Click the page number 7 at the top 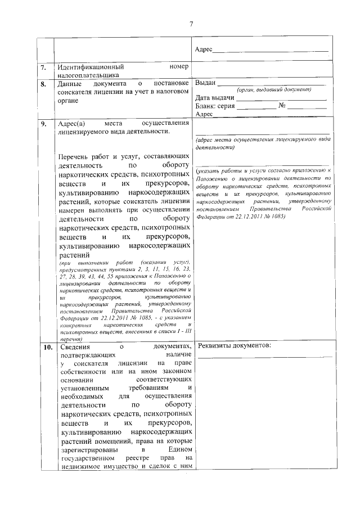tap(191, 24)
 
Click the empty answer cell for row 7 tap(263, 70)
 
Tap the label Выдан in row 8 tap(206, 83)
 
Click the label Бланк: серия tap(216, 106)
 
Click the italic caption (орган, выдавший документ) tap(274, 90)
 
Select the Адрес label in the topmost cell tap(204, 50)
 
